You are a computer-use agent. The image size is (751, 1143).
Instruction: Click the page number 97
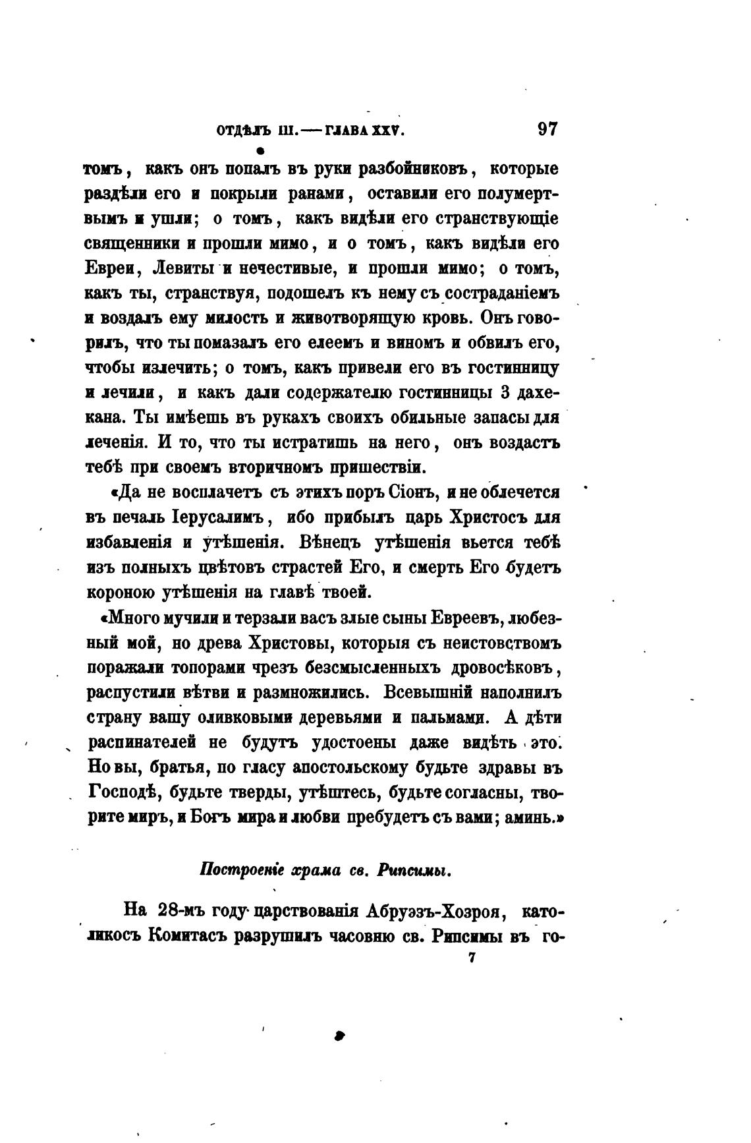547,129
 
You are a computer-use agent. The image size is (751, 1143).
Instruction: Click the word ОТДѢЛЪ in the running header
245,131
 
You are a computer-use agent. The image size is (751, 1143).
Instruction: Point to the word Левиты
182,268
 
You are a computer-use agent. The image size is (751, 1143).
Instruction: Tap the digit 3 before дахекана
505,392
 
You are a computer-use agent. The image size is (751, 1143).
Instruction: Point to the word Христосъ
486,517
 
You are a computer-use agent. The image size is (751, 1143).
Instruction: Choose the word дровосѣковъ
504,668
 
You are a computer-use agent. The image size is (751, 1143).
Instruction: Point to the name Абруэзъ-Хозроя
431,912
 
